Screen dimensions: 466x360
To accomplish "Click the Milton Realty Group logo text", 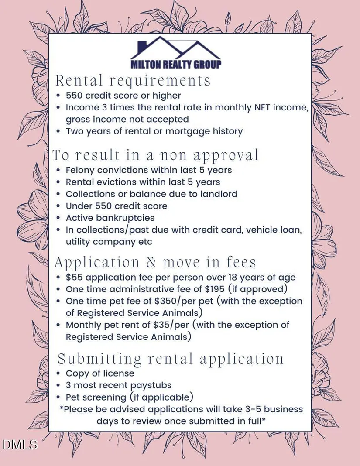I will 176,64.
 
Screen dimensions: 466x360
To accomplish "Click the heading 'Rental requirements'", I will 133,81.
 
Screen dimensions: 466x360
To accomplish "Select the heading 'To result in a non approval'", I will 156,155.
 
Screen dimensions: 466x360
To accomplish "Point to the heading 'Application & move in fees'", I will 155,262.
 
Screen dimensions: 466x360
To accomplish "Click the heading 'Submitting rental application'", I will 171,359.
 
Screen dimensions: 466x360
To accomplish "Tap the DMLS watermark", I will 20,445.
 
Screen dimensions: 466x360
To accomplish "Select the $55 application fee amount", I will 74,277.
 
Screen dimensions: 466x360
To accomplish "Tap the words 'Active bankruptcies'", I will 110,217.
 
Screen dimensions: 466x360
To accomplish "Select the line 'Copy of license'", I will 100,373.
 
